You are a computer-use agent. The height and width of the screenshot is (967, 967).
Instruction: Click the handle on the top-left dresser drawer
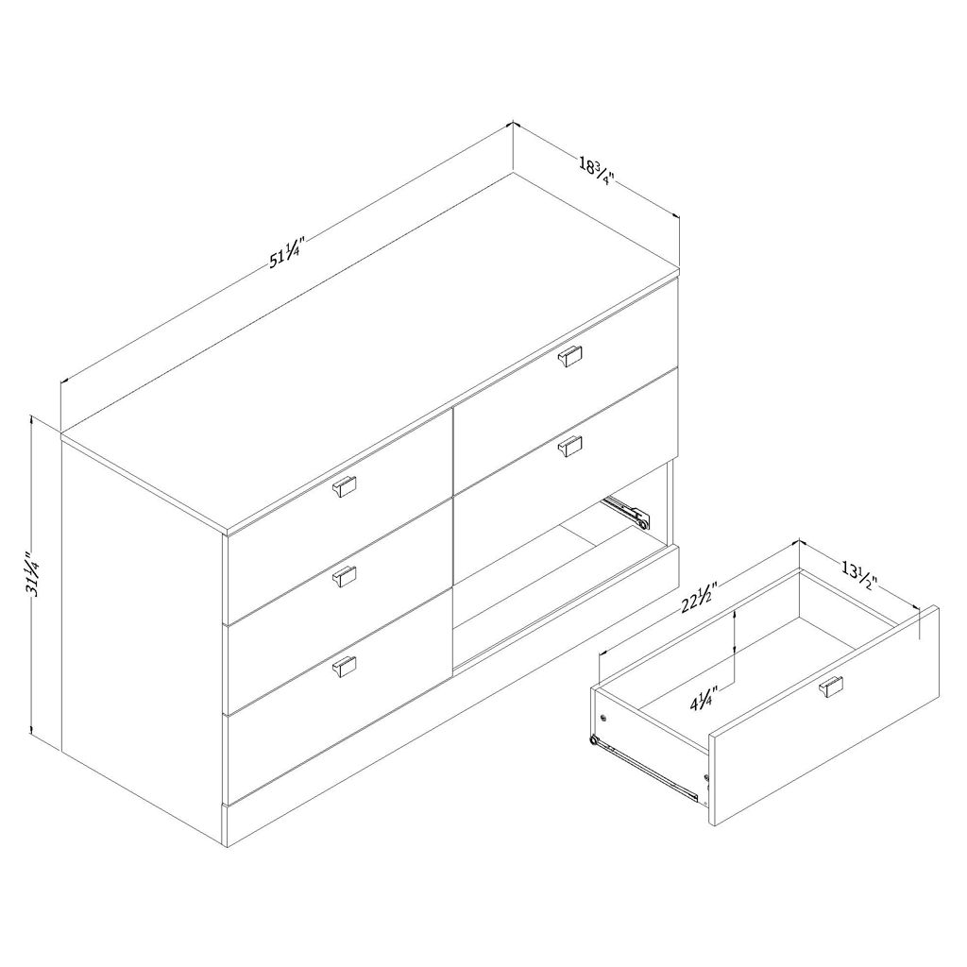pos(345,486)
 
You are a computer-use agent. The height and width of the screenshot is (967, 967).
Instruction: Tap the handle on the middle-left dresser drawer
pos(345,576)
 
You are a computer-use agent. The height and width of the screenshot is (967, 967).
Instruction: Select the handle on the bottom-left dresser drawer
pos(345,666)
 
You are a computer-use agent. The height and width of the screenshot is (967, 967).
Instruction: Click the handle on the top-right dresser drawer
pos(569,356)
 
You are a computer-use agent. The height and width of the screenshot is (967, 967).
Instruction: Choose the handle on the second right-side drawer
pos(569,446)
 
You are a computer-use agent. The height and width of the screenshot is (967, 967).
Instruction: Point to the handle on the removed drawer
pos(831,687)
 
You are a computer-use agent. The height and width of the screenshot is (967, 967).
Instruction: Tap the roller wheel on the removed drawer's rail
pos(595,740)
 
